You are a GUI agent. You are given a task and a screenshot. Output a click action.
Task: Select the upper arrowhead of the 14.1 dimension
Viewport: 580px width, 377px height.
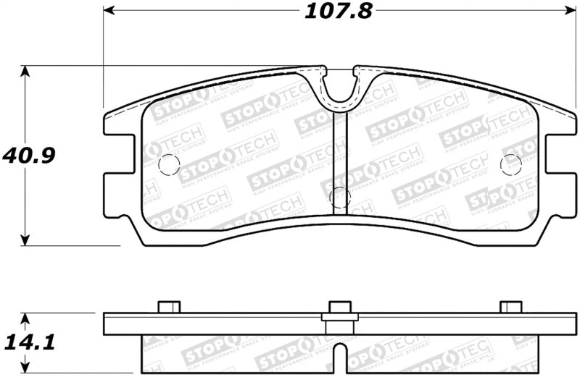coord(27,319)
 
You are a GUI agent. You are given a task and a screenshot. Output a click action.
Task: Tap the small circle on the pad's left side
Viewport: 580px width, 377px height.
coord(167,164)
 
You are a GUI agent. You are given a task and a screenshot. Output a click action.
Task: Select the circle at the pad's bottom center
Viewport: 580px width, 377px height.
coord(339,197)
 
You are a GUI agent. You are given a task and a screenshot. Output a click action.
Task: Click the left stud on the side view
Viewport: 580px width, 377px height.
coord(168,307)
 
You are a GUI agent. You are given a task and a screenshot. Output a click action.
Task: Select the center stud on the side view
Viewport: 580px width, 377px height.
coord(339,307)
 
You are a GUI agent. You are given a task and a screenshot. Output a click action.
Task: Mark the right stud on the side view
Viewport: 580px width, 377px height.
coord(511,307)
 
